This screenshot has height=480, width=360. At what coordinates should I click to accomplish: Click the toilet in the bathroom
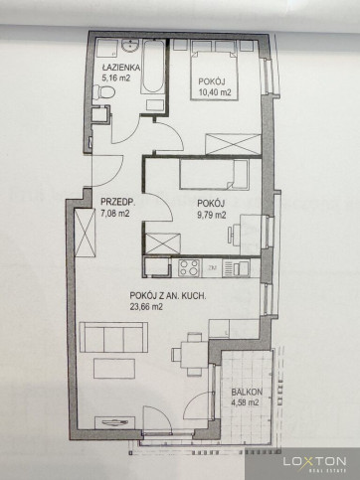click(x=103, y=92)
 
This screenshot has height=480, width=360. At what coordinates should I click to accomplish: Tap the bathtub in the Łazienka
click(x=153, y=67)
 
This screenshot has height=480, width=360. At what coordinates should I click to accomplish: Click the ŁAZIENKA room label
click(x=121, y=68)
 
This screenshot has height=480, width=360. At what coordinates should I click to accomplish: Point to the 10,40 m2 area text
click(x=215, y=92)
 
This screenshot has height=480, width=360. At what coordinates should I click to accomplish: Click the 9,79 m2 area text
click(x=212, y=215)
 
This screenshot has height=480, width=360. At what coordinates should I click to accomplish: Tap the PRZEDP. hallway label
click(x=114, y=202)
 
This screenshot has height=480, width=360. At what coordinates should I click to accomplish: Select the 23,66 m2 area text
click(x=146, y=307)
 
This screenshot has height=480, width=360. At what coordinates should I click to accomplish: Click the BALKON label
click(x=247, y=393)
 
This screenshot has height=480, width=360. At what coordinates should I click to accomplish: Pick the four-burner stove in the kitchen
click(x=190, y=267)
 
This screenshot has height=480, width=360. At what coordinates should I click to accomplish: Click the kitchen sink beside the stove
click(x=236, y=267)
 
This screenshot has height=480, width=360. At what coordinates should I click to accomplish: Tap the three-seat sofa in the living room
click(x=113, y=337)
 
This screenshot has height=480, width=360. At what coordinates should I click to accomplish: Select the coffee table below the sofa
click(x=114, y=368)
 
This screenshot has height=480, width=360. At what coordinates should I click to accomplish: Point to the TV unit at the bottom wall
click(x=114, y=422)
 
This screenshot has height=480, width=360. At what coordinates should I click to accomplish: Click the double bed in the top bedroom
click(x=215, y=76)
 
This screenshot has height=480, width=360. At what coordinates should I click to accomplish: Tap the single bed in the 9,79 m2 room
click(x=215, y=175)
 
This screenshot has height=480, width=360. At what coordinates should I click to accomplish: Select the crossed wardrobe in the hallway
click(x=85, y=233)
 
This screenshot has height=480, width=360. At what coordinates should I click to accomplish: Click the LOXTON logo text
click(x=314, y=461)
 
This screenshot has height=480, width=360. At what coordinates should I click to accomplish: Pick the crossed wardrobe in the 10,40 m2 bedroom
click(x=233, y=144)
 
